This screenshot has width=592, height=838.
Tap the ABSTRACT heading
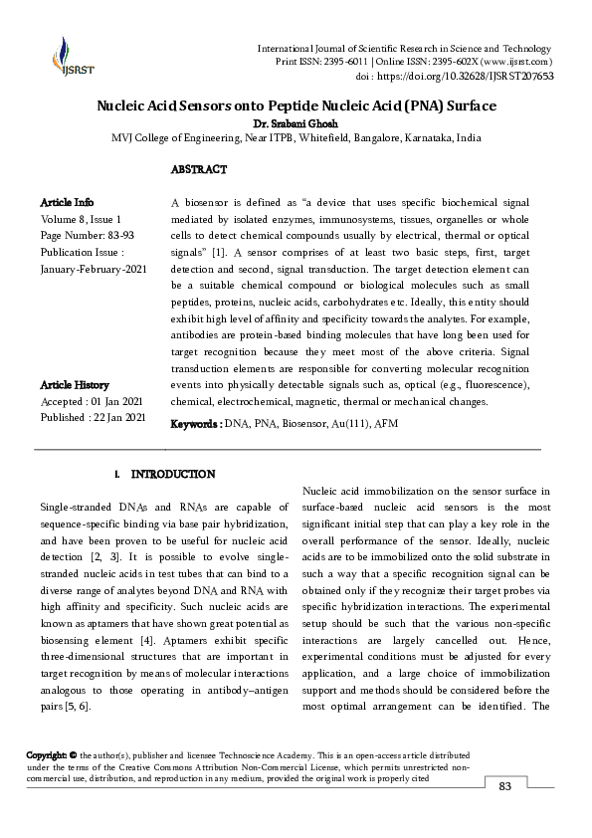pos(199,170)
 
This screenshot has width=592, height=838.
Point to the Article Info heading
pos(68,202)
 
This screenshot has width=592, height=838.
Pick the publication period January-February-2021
pos(93,269)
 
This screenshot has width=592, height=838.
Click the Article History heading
pos(75,384)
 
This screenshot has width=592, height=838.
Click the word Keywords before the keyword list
pos(195,424)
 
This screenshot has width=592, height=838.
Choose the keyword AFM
pos(385,424)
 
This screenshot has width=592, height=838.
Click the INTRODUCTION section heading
pos(173,475)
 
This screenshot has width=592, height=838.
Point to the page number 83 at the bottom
pos(504,786)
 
